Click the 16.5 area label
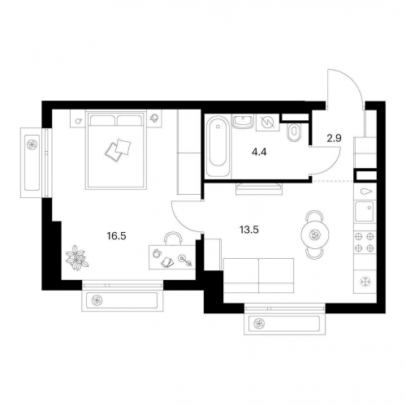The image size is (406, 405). click(116, 236)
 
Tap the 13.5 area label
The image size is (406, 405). click(249, 230)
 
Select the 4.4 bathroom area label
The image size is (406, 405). click(259, 153)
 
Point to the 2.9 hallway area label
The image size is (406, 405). click(334, 138)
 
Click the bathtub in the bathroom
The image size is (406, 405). click(218, 146)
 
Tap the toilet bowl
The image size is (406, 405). click(293, 133)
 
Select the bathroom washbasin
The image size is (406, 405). click(243, 122)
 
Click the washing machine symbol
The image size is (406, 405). click(268, 123)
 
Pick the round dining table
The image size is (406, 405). click(315, 235)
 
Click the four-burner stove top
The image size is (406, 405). click(365, 243)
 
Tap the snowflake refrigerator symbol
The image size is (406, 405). click(365, 282)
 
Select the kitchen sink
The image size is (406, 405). click(365, 211)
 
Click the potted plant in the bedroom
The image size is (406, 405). click(77, 257)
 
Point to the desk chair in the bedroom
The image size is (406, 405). click(173, 239)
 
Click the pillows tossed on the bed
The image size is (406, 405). click(118, 150)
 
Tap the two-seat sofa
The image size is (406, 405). click(258, 275)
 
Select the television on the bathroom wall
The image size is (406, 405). click(259, 188)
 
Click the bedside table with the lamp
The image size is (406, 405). click(154, 118)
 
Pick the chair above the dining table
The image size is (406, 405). click(314, 216)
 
